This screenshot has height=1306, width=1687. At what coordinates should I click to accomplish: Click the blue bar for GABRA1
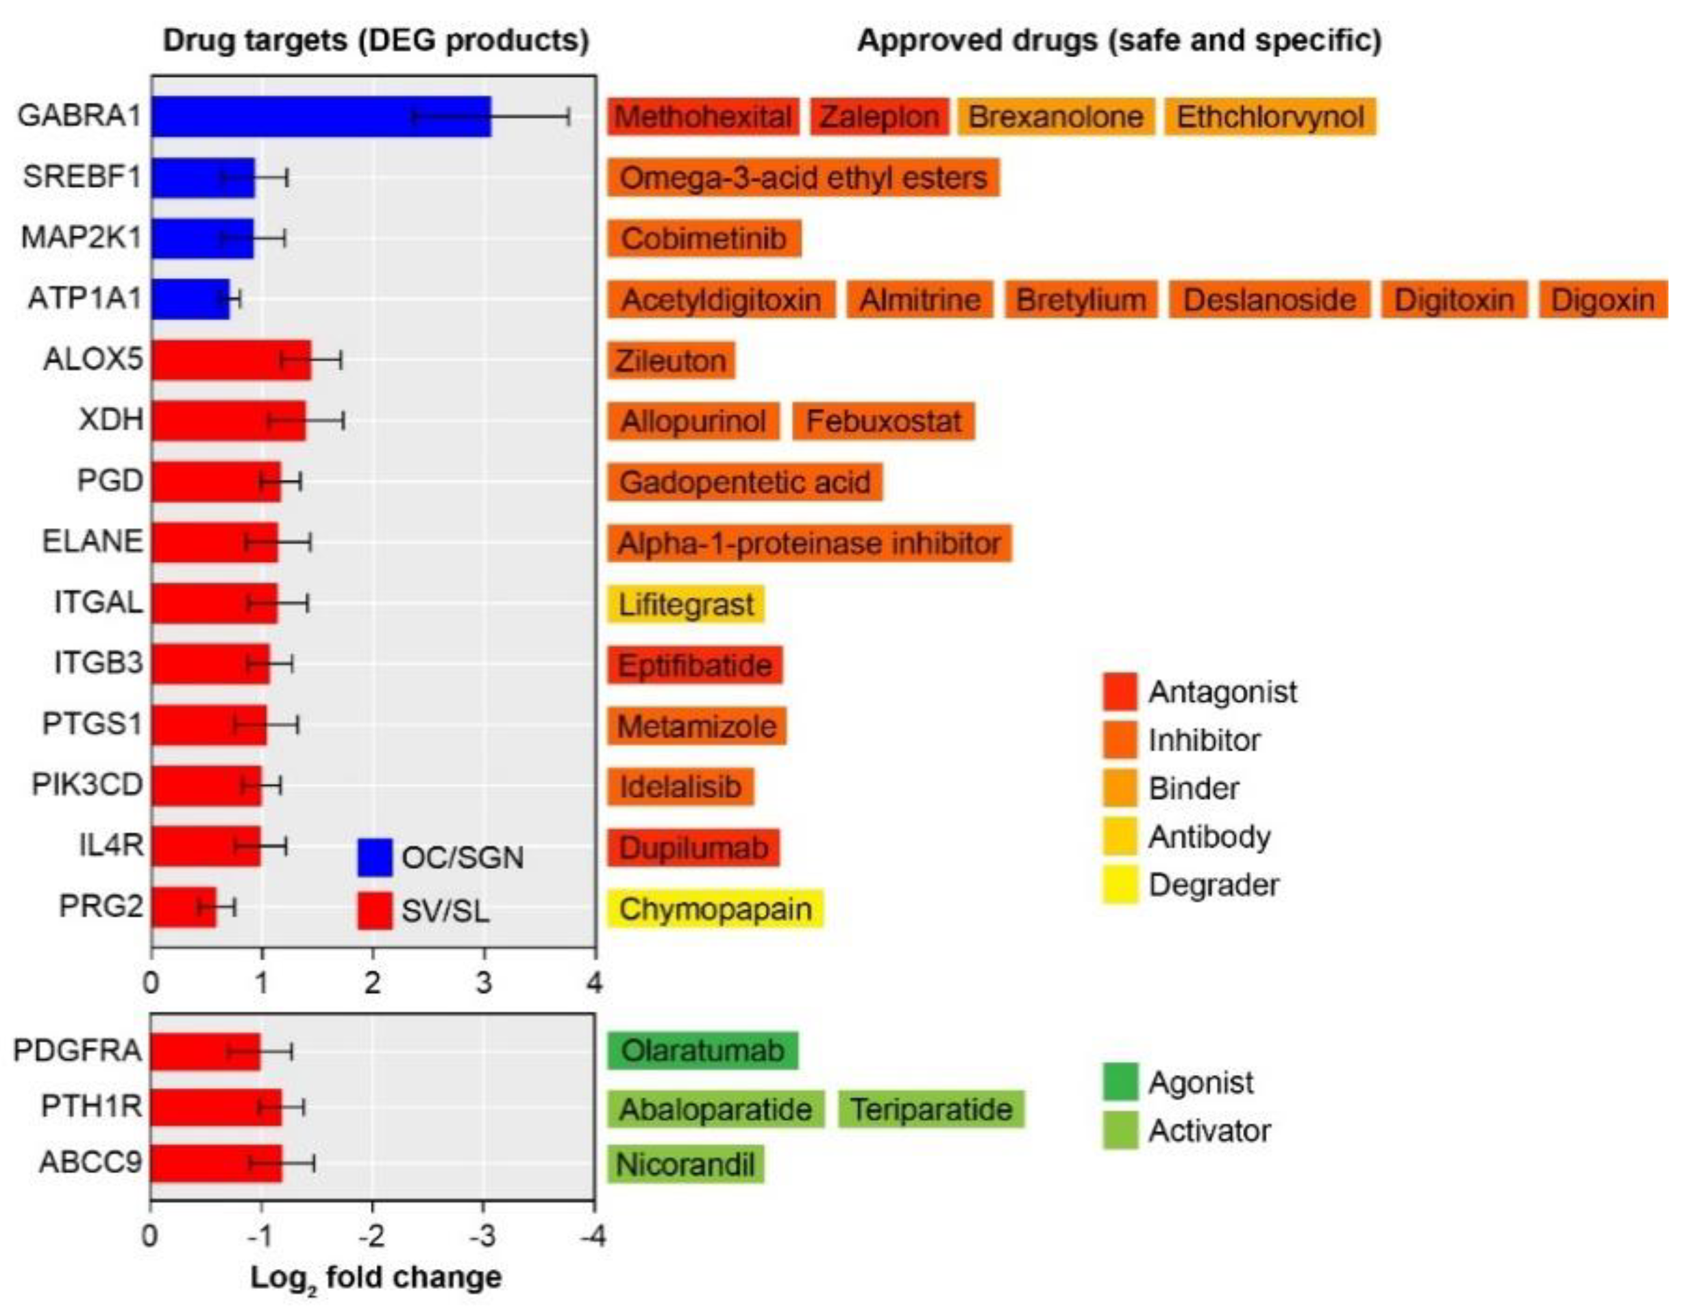pos(321,116)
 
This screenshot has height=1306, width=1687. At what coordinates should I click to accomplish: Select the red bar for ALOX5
pos(231,360)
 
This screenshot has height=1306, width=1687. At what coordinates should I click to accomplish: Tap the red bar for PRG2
pos(183,907)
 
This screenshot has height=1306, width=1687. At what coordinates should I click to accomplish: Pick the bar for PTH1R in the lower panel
pos(217,1107)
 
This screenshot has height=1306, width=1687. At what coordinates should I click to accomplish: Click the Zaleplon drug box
pos(879,116)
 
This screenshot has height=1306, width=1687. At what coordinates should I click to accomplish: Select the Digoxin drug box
pos(1602,299)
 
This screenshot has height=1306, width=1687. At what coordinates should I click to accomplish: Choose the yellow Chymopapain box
pos(715,909)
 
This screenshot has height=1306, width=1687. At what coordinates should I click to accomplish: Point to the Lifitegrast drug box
pos(686,604)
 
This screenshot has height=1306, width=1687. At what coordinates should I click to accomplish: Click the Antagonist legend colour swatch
pos(1119,692)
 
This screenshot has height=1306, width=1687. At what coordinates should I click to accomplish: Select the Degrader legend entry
pos(1213,885)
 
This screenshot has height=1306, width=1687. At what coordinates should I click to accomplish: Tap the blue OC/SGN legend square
pos(375,857)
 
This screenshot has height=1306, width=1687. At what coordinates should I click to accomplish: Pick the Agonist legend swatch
pos(1119,1082)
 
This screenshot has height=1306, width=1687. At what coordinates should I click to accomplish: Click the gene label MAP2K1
pos(81,237)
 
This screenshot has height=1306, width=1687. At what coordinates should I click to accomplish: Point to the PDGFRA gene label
pos(77,1051)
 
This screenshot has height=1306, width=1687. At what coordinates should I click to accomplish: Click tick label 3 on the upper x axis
pos(484,983)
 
